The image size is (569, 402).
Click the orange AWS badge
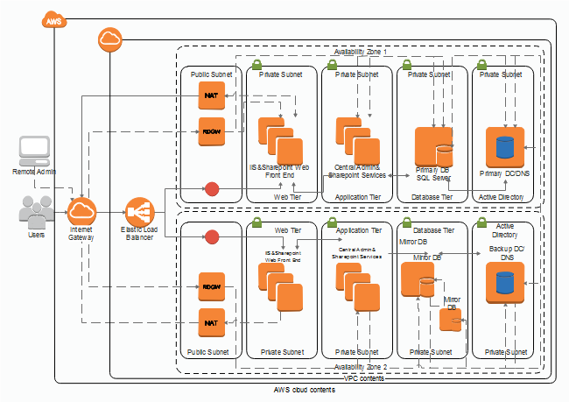[55, 19]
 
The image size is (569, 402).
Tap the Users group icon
[36, 213]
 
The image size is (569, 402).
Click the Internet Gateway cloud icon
[83, 211]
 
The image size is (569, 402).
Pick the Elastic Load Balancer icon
[138, 212]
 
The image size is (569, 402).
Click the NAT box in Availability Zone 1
[211, 95]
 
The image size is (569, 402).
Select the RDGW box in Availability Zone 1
[211, 130]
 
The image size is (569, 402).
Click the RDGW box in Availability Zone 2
[211, 286]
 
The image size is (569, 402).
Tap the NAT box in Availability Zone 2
[211, 322]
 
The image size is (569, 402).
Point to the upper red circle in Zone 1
[211, 187]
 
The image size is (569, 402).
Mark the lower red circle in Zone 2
[211, 236]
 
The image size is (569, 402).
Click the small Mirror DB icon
[450, 321]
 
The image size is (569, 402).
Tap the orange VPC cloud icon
[110, 39]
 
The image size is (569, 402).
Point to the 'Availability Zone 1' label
[360, 53]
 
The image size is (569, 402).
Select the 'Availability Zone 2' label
[360, 367]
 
